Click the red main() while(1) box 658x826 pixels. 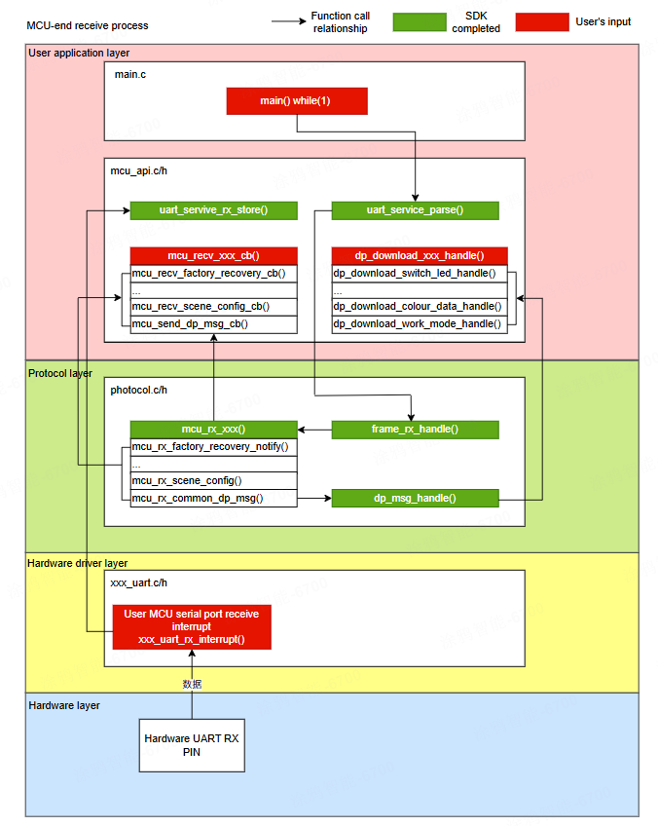297,101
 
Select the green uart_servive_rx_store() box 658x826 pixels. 213,210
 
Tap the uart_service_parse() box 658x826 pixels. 415,210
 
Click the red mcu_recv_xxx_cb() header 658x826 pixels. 213,255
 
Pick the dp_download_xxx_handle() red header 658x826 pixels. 419,255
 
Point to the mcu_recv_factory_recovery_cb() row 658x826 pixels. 213,273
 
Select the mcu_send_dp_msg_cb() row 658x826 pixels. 213,323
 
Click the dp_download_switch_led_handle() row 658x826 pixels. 419,273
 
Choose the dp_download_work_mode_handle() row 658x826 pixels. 419,323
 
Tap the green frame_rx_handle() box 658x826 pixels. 415,429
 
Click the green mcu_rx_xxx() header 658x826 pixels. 213,429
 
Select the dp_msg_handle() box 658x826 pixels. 415,498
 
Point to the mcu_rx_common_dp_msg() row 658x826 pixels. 213,498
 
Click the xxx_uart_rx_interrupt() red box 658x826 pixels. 191,626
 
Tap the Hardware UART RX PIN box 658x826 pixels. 191,745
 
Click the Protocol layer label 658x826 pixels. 60,372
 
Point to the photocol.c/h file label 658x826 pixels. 139,390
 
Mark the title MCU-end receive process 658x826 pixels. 89,23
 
